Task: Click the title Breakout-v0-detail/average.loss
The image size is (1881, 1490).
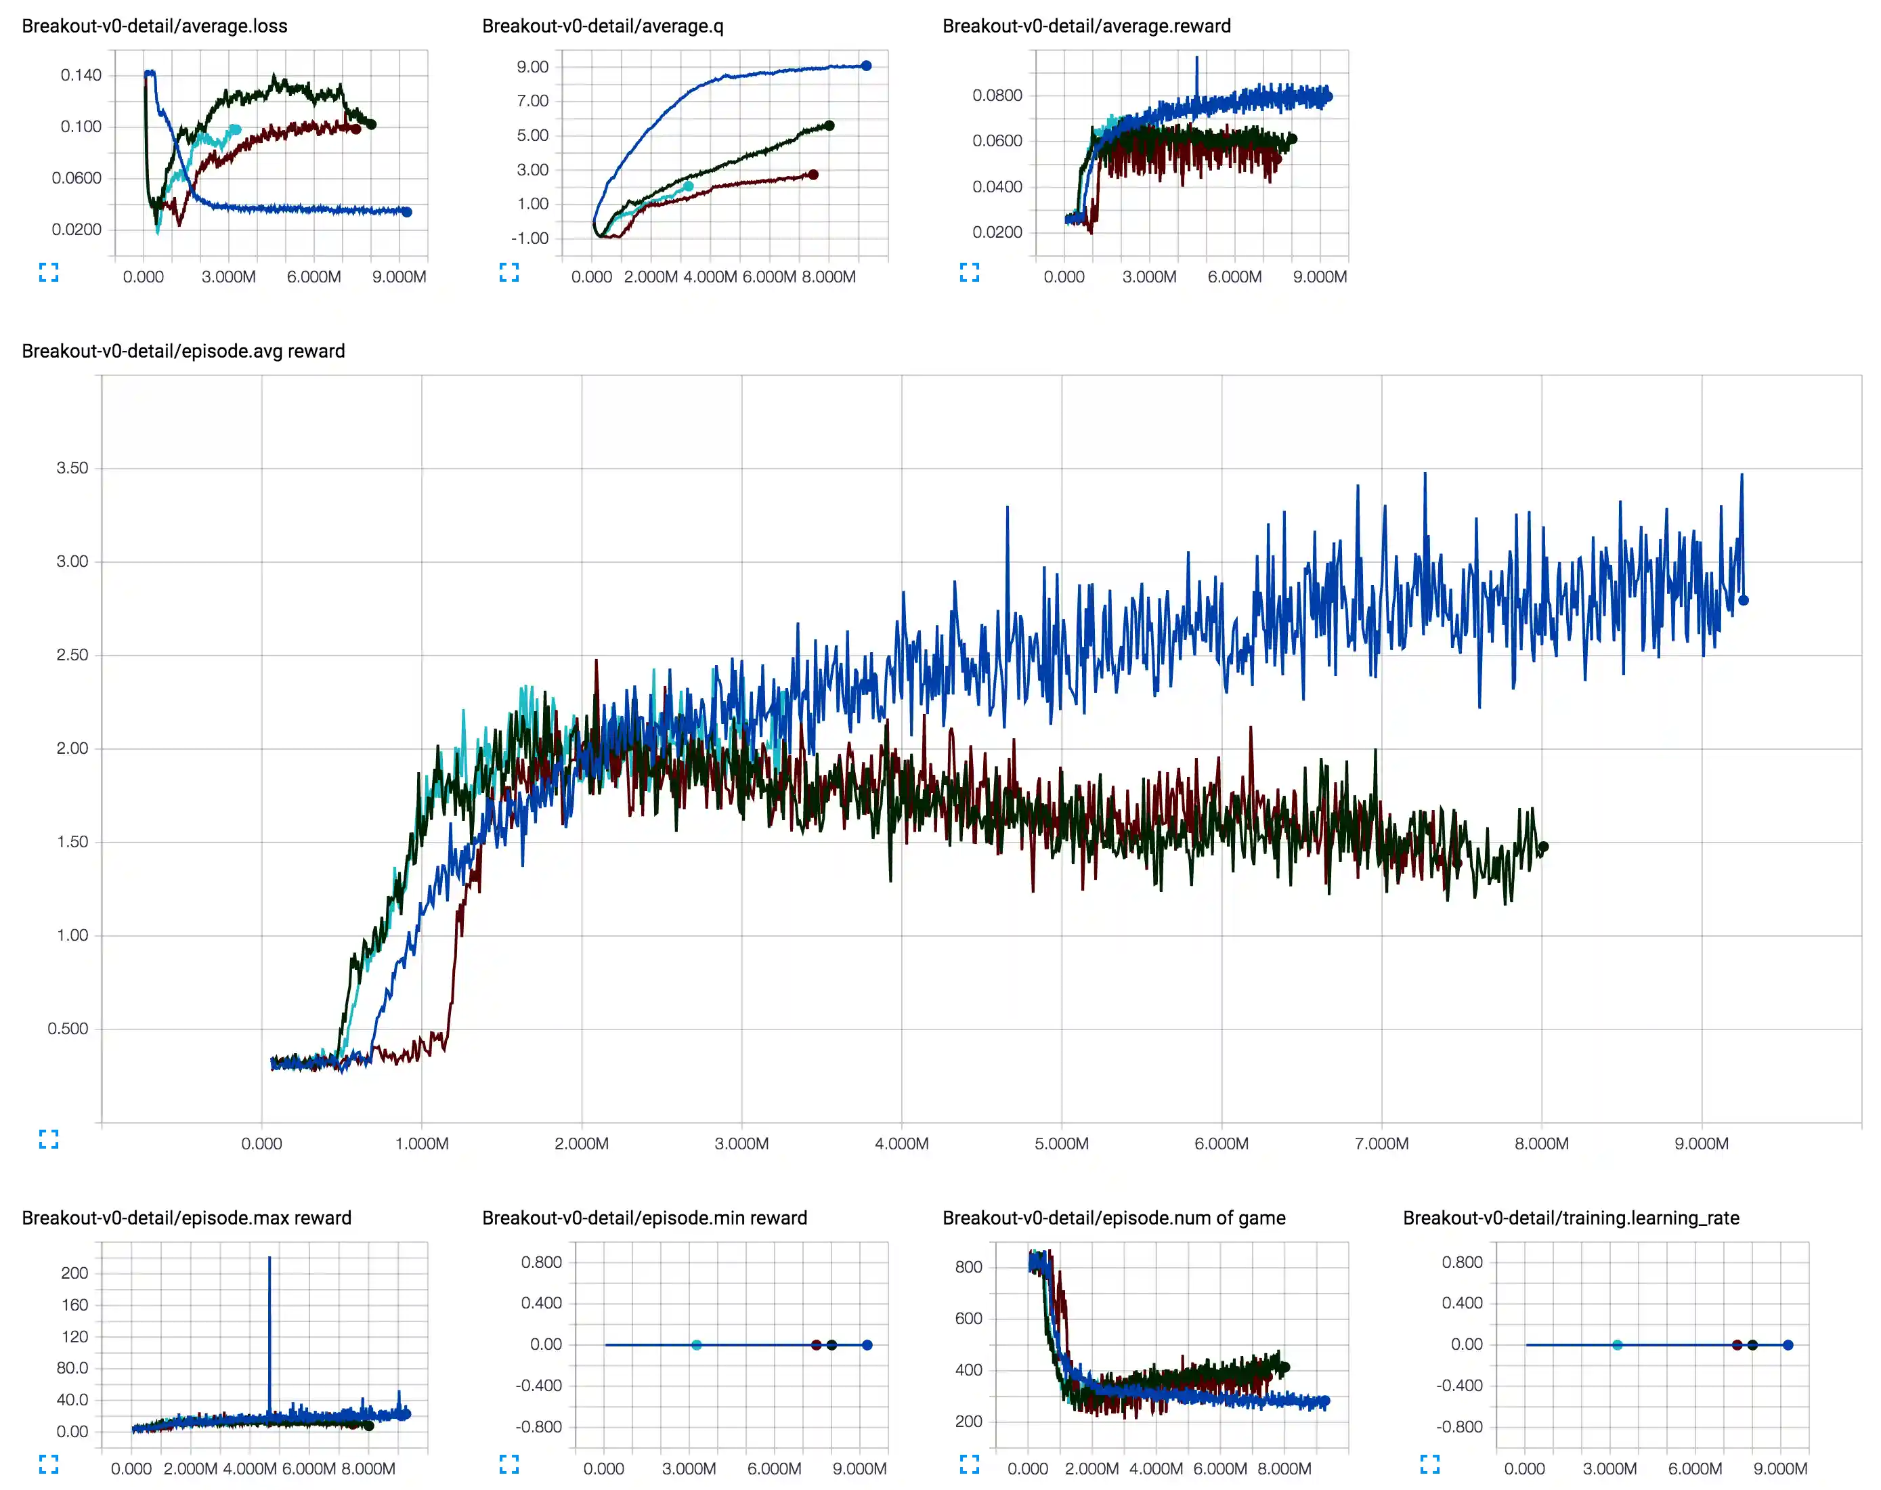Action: coord(154,26)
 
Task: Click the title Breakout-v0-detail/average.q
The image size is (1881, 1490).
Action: coord(603,26)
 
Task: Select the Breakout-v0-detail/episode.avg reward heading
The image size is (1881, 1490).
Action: coord(183,351)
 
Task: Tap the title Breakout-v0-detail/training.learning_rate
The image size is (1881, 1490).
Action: coord(1571,1218)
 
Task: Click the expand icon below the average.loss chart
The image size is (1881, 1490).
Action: coord(49,273)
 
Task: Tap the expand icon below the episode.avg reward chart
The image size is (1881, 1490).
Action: coord(49,1139)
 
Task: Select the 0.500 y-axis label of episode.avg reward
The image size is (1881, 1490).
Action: coord(68,1029)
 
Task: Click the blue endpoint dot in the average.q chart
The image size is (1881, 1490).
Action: coord(866,66)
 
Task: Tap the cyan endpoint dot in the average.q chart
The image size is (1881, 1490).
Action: coord(688,186)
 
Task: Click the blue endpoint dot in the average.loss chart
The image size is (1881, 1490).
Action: coord(406,212)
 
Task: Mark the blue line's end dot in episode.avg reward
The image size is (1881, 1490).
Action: coord(1744,600)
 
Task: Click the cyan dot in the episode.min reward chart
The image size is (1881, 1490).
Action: coord(696,1345)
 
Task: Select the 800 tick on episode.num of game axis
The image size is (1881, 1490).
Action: coord(968,1266)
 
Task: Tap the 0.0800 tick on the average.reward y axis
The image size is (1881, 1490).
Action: coord(997,95)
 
